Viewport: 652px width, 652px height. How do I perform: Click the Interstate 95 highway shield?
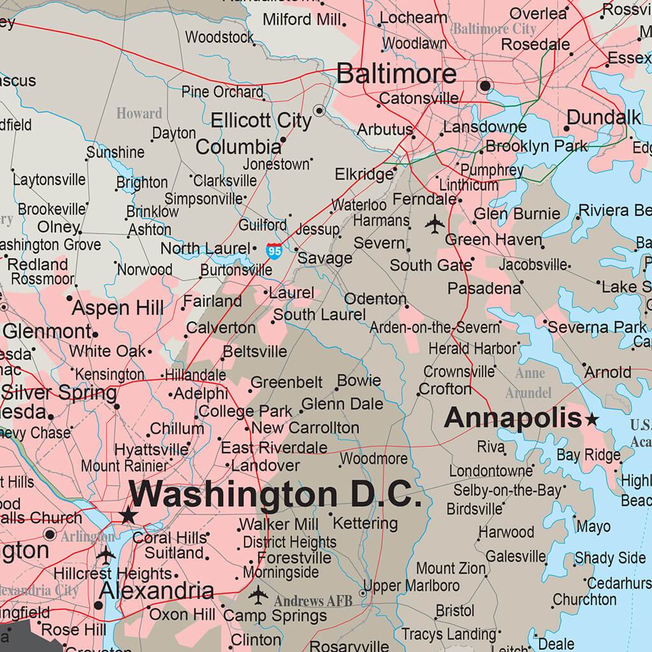pyautogui.click(x=274, y=250)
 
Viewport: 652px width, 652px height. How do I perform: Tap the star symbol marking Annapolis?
pyautogui.click(x=592, y=419)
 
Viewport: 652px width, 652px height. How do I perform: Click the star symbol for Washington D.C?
pyautogui.click(x=129, y=514)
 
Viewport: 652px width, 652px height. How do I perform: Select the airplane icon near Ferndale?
pyautogui.click(x=435, y=223)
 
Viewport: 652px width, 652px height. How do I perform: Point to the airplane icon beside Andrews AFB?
pyautogui.click(x=259, y=596)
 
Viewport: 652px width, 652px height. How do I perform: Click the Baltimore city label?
pyautogui.click(x=396, y=74)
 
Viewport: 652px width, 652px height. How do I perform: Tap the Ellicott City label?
pyautogui.click(x=261, y=120)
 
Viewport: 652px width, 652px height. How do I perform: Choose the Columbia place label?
pyautogui.click(x=238, y=147)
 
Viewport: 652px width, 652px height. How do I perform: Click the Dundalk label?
pyautogui.click(x=604, y=118)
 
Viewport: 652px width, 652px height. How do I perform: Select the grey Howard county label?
pyautogui.click(x=139, y=114)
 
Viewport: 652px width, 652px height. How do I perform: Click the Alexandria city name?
pyautogui.click(x=157, y=590)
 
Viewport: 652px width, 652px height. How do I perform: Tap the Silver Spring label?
pyautogui.click(x=60, y=392)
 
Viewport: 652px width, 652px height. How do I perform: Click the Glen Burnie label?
pyautogui.click(x=517, y=214)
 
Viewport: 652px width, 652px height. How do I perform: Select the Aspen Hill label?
pyautogui.click(x=117, y=309)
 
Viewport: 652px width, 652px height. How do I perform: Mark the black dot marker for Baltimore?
pyautogui.click(x=486, y=85)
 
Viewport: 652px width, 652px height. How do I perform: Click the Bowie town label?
pyautogui.click(x=359, y=381)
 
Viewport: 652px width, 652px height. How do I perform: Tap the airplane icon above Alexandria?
pyautogui.click(x=106, y=555)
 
